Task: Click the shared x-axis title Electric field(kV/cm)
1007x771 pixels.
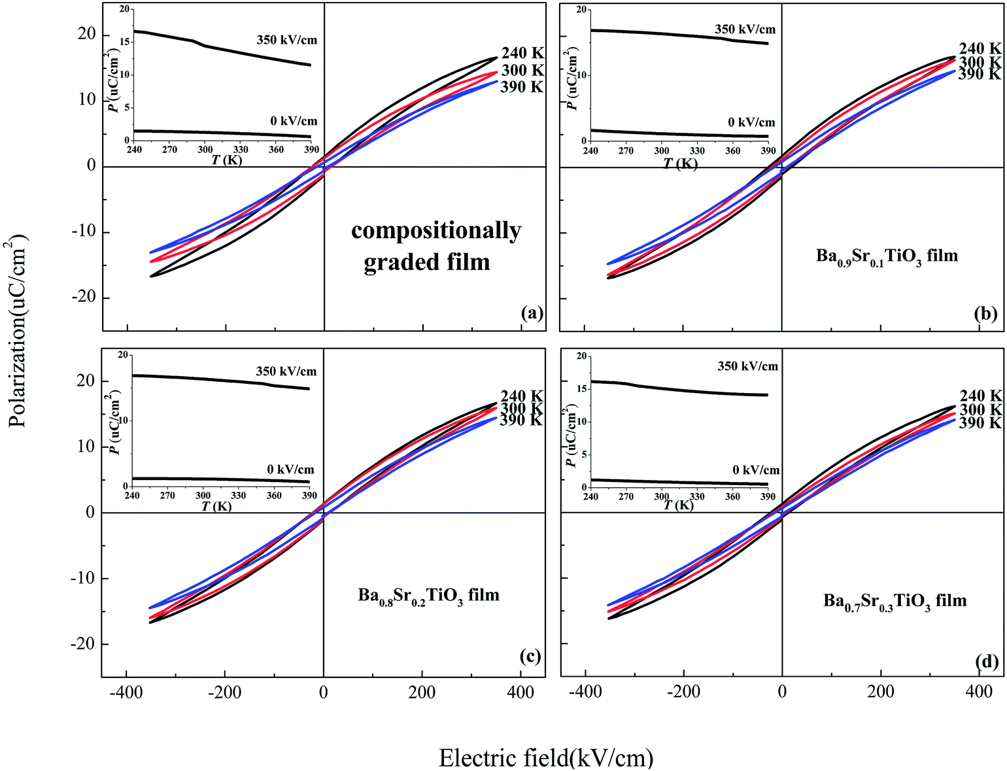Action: pos(546,758)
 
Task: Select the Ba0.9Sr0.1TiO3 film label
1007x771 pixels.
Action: pos(886,256)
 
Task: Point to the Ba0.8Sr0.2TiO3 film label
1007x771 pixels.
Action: pos(428,596)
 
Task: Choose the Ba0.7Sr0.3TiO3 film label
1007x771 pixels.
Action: pos(895,601)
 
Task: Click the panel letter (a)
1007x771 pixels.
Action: pos(532,313)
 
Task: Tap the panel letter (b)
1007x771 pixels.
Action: pos(985,314)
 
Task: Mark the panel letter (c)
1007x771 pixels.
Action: pos(530,656)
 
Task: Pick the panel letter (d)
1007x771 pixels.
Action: pos(987,662)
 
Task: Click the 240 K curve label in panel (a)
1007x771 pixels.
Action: pos(522,54)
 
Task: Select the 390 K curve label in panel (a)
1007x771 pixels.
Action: pos(522,87)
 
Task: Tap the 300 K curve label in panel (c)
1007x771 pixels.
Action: pos(522,409)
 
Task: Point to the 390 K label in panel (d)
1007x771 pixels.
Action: pos(980,423)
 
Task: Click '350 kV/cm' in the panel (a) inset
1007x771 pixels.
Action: pos(286,40)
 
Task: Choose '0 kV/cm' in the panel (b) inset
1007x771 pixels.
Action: pos(751,122)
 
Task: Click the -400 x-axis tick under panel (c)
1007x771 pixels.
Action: pos(126,693)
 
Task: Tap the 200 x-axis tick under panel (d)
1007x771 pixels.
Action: pos(881,693)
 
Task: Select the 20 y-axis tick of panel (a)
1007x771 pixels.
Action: pos(86,34)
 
